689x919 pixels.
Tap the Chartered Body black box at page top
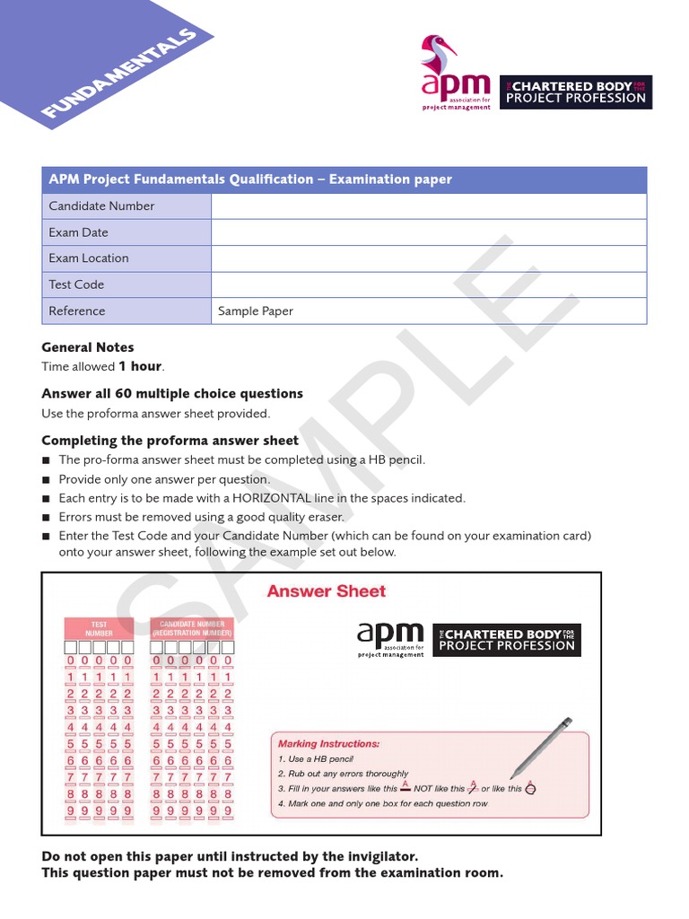[x=575, y=92]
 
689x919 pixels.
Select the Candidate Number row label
[x=101, y=206]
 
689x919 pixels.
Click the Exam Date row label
[x=78, y=232]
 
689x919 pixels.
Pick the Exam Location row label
[x=89, y=258]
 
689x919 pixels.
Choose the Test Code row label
[x=76, y=284]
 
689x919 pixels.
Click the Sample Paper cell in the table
[x=256, y=311]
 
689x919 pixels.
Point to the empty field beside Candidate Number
[x=429, y=206]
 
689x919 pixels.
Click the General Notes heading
[x=88, y=347]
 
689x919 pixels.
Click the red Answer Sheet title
[x=326, y=591]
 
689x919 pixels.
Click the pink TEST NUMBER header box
[x=99, y=628]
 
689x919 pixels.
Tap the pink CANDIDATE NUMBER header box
[x=192, y=628]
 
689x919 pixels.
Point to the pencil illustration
[x=541, y=747]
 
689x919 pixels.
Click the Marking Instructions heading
[x=328, y=744]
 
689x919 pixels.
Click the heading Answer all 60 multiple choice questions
[x=172, y=394]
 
